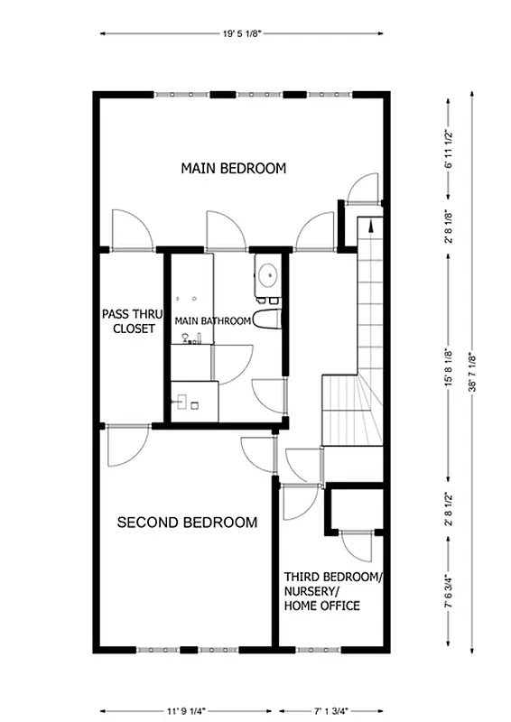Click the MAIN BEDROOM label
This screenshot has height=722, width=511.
point(233,168)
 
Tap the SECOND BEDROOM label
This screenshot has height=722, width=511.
point(187,522)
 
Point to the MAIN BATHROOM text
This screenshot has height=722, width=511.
point(212,320)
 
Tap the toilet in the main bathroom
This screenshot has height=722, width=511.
point(267,319)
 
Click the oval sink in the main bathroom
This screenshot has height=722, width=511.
point(267,273)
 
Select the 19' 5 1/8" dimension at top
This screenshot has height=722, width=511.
point(240,33)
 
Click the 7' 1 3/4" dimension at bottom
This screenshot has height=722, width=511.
point(330,708)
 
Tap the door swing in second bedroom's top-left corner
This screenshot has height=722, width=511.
point(125,446)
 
